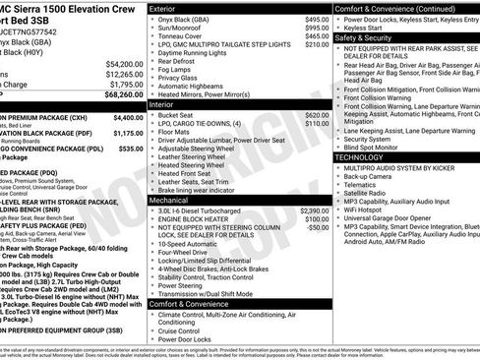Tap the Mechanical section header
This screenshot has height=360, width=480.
pyautogui.click(x=171, y=199)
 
